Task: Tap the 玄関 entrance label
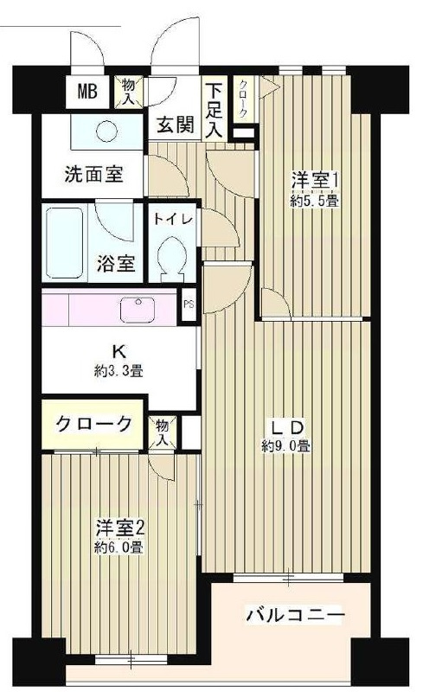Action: click(x=173, y=123)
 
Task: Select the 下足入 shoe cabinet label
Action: click(x=214, y=109)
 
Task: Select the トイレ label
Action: click(x=174, y=219)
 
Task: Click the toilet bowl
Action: click(x=174, y=258)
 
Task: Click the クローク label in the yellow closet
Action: click(x=93, y=424)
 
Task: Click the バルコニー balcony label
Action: click(x=295, y=616)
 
